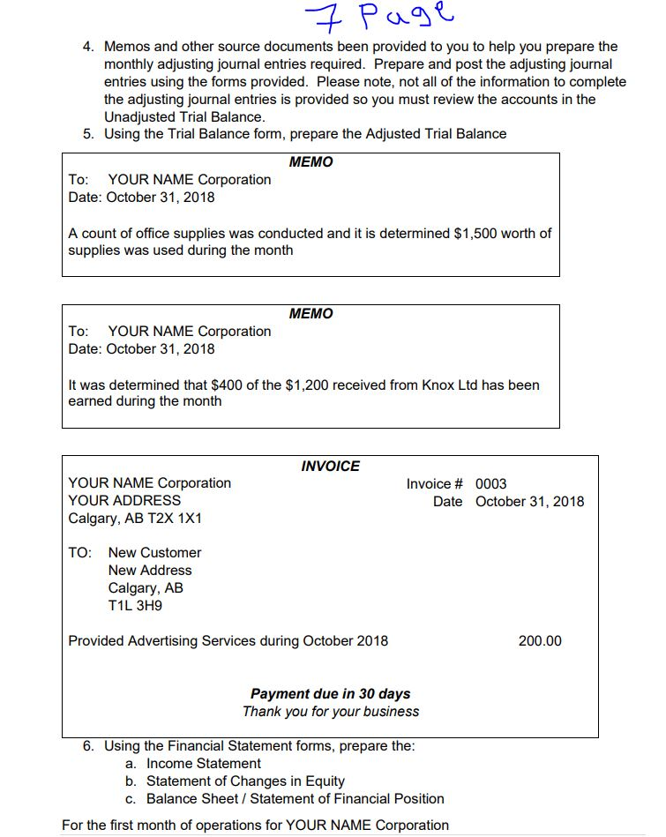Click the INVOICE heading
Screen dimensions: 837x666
click(330, 466)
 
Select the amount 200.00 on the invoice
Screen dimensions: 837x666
click(539, 641)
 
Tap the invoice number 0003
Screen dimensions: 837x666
click(490, 483)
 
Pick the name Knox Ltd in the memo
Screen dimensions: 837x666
click(450, 385)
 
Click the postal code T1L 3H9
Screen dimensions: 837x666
click(135, 606)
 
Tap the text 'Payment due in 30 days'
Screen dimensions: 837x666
click(330, 694)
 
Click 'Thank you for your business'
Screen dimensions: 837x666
click(331, 712)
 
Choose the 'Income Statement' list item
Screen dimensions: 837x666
click(204, 764)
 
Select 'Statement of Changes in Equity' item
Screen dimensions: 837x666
click(245, 781)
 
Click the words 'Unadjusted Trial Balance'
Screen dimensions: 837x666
click(184, 117)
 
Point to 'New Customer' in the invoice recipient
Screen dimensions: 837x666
click(154, 553)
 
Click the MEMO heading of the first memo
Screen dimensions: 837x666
click(311, 162)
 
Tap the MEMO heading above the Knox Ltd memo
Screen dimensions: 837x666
click(311, 314)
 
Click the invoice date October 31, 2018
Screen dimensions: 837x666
click(529, 502)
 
